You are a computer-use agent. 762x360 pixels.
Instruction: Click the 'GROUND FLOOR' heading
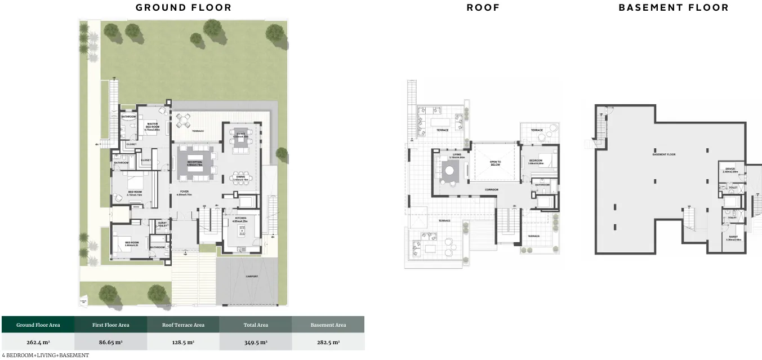(184, 8)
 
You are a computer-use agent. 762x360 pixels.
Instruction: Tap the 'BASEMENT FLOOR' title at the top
(674, 8)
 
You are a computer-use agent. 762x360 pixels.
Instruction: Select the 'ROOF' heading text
(483, 8)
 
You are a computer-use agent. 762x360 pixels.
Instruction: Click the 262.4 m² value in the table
(38, 342)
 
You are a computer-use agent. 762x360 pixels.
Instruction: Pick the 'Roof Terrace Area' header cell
(183, 325)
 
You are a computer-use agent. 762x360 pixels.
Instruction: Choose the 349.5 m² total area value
(255, 342)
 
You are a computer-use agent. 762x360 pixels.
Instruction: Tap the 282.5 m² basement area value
(328, 342)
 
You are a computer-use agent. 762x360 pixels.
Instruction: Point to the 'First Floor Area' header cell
(111, 325)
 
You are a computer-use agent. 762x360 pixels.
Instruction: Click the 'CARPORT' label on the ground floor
(252, 277)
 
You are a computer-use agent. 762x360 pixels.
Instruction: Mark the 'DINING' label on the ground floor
(240, 178)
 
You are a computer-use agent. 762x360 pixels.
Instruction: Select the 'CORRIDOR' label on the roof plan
(491, 190)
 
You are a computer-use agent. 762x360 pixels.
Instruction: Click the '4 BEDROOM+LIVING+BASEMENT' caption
(45, 355)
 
